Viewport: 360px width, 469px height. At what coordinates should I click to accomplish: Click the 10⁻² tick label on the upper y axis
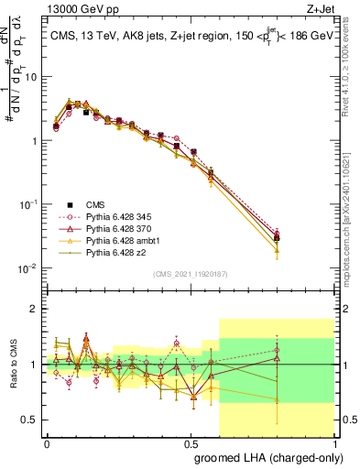(27, 268)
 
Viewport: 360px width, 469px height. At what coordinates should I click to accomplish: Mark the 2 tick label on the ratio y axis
(35, 310)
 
